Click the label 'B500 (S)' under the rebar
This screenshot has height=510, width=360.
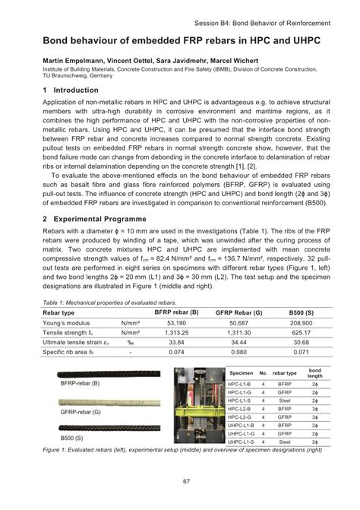pyautogui.click(x=74, y=439)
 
